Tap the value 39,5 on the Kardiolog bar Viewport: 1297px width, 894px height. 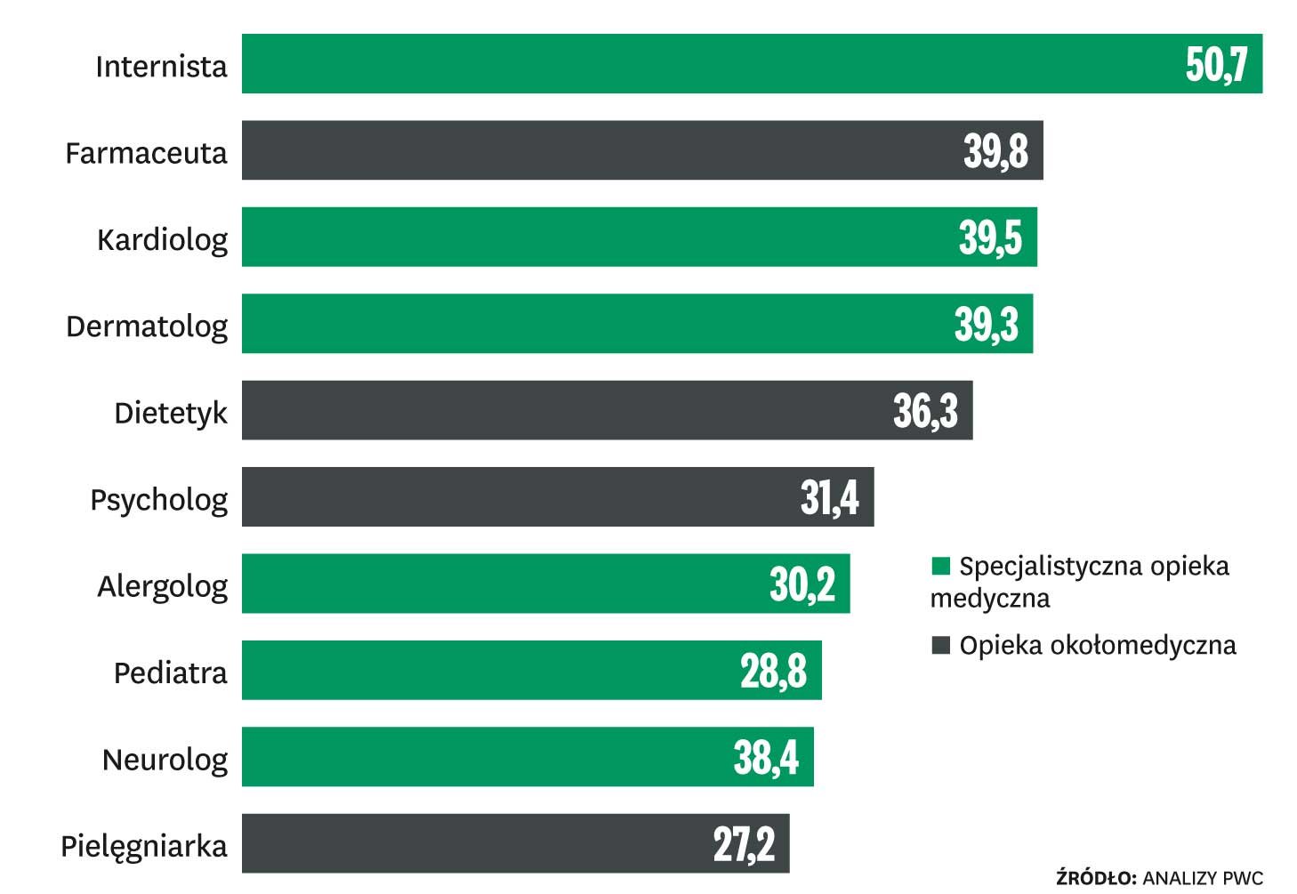tap(990, 238)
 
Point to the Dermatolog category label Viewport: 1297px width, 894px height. tap(147, 326)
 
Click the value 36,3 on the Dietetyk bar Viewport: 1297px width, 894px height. tap(925, 411)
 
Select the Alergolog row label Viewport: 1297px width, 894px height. tap(163, 587)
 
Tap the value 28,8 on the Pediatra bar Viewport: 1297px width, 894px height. tap(773, 671)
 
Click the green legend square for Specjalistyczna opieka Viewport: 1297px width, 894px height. tap(940, 566)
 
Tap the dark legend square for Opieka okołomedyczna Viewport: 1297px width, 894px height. tap(940, 645)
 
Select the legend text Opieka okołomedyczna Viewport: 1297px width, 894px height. tap(1098, 645)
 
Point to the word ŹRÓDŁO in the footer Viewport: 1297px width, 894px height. tap(1096, 878)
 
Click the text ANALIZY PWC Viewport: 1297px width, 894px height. tap(1203, 878)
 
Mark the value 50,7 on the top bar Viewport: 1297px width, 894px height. tap(1216, 64)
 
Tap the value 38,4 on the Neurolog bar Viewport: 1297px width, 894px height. tap(766, 757)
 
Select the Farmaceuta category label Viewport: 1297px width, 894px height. tap(146, 153)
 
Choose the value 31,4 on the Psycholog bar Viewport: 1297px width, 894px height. tap(829, 497)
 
